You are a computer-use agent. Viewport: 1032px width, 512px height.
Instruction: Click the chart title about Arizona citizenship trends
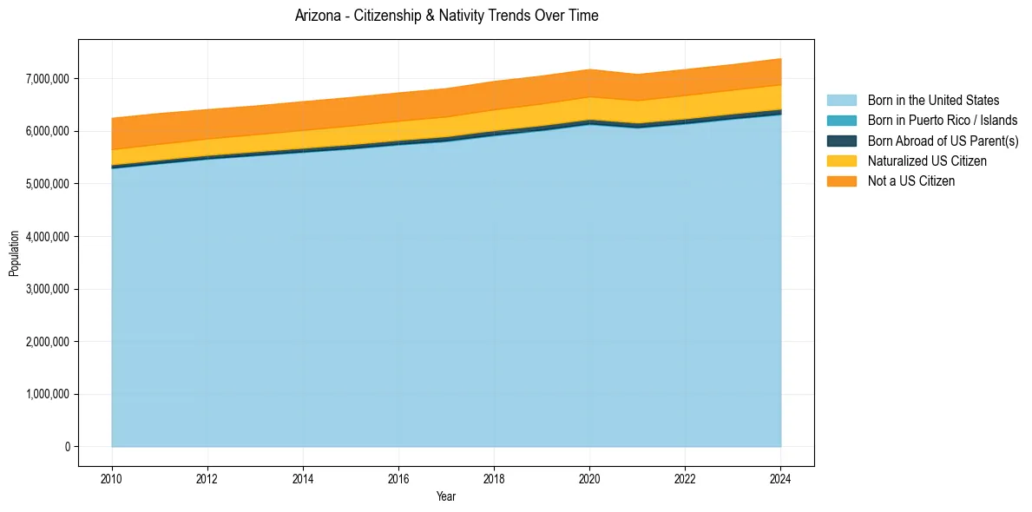click(x=446, y=16)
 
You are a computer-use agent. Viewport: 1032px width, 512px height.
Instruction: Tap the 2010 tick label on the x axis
click(x=111, y=478)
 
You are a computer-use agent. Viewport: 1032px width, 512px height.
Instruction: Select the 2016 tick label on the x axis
click(x=398, y=478)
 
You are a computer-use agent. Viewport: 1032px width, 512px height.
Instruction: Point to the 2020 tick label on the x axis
click(x=589, y=478)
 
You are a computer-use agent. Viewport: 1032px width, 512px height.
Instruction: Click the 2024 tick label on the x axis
click(x=780, y=478)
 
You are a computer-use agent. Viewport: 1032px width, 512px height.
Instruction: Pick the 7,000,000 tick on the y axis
click(x=49, y=79)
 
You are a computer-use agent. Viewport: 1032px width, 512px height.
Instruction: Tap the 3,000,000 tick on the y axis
click(x=49, y=289)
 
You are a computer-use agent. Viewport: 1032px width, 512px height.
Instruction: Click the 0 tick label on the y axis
click(x=66, y=447)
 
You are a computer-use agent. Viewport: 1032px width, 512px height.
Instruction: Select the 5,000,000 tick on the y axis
click(x=49, y=184)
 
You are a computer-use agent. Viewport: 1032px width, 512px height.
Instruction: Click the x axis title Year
click(x=446, y=497)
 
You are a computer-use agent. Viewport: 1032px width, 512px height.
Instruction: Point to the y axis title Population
click(x=14, y=253)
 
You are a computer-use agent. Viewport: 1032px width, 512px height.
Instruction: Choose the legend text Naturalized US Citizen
click(x=927, y=161)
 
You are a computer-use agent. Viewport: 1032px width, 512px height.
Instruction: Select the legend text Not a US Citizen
click(x=910, y=181)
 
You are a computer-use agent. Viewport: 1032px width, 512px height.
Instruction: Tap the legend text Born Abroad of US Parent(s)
click(x=943, y=141)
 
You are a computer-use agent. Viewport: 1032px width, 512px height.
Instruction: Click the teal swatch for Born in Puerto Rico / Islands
click(x=841, y=121)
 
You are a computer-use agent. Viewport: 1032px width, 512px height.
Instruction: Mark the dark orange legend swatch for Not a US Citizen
click(x=841, y=181)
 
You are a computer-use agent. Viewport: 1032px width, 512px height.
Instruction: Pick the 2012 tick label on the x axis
click(x=207, y=478)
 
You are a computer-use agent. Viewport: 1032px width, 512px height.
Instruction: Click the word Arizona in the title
click(x=317, y=16)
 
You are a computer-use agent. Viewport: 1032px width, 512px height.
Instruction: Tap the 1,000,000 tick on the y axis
click(x=49, y=395)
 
